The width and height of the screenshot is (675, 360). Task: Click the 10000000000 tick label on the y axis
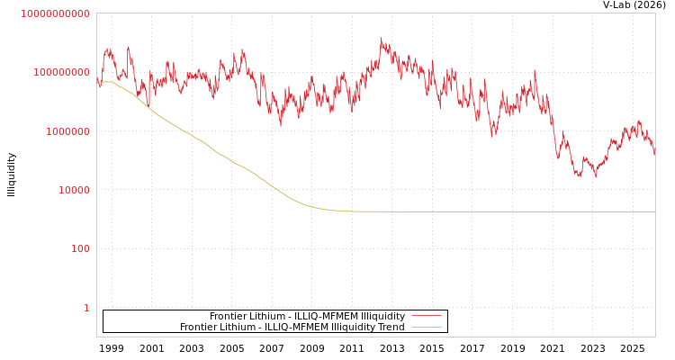tap(55, 13)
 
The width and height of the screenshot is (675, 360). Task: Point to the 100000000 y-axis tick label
tap(61, 72)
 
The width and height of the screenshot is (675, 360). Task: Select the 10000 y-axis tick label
tap(73, 190)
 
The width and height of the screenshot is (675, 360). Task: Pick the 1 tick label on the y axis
tap(86, 308)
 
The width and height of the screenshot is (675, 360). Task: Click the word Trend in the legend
tap(391, 328)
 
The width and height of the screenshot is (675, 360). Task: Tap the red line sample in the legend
tap(426, 316)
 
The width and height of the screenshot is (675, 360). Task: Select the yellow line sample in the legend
tap(426, 328)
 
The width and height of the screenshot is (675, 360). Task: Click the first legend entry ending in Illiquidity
tap(307, 316)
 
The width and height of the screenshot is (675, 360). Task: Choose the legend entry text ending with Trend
tap(292, 328)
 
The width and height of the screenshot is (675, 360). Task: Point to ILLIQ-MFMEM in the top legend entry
tap(325, 316)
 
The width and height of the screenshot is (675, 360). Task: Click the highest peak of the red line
tap(381, 39)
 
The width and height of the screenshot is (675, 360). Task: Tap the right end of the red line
tap(654, 155)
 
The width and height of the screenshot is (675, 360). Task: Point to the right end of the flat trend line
tap(654, 211)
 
